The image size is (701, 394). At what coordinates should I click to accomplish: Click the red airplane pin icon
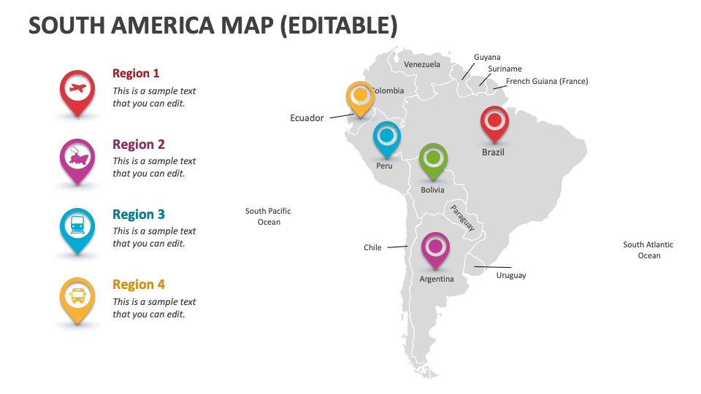(x=77, y=90)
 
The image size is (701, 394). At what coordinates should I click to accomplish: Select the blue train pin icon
(x=77, y=228)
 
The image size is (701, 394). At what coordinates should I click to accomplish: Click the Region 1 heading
(x=136, y=73)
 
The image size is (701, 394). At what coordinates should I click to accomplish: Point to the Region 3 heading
(x=139, y=215)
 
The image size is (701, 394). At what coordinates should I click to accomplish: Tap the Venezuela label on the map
(x=422, y=64)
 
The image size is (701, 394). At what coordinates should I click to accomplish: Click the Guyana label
(x=487, y=57)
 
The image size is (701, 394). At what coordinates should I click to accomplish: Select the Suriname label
(x=505, y=69)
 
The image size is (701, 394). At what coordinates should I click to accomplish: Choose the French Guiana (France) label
(x=547, y=82)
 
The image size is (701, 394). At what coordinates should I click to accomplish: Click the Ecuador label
(x=307, y=118)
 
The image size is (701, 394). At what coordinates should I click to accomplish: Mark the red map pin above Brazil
(x=494, y=121)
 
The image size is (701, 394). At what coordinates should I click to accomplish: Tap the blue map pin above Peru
(x=386, y=136)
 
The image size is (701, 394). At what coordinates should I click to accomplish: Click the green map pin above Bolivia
(x=433, y=158)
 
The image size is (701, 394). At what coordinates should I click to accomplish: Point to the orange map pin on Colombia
(x=360, y=96)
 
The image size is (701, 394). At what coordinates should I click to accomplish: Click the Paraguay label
(x=462, y=217)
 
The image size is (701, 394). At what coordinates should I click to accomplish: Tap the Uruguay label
(x=511, y=276)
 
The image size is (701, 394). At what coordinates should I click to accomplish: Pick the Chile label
(x=372, y=248)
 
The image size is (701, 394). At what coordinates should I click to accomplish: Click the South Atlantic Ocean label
(x=648, y=250)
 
